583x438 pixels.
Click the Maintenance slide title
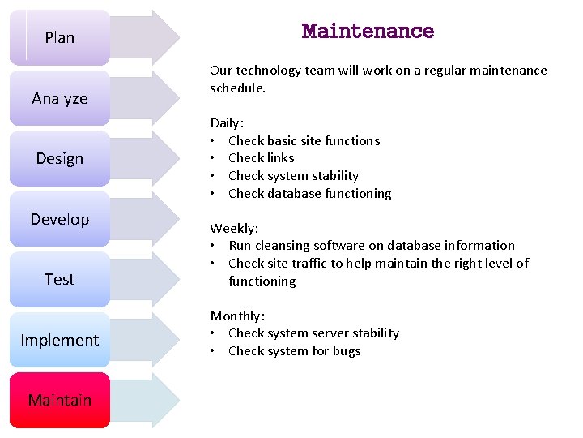368,32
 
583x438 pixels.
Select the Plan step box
60,37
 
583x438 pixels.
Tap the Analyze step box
60,98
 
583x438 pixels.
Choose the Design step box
60,158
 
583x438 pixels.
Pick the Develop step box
60,219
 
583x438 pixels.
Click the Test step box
60,279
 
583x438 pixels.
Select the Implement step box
60,340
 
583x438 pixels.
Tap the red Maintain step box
60,400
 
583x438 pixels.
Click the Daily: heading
227,123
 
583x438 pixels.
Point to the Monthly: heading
237,316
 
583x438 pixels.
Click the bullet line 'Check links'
261,158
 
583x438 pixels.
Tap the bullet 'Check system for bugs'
294,351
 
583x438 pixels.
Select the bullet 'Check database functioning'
309,193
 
